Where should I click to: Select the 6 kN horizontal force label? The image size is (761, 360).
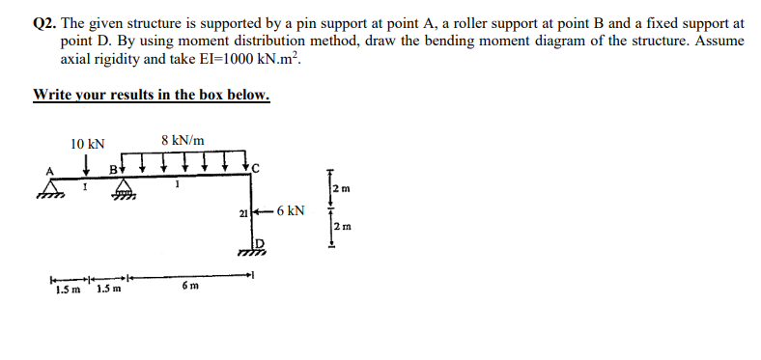point(291,210)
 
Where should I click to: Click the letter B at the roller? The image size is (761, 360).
point(113,171)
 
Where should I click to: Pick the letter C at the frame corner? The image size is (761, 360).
point(256,171)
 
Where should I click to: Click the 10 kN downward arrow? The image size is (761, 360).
point(87,162)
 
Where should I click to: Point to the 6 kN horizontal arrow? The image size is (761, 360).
point(265,210)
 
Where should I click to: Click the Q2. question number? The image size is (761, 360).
point(44,20)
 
